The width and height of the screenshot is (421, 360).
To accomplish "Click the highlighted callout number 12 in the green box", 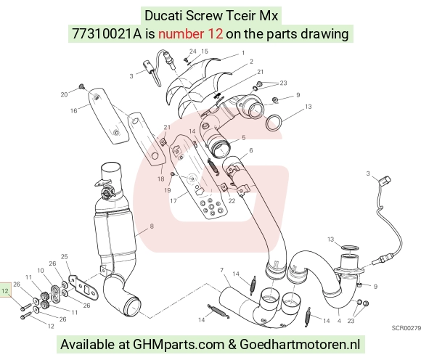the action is coord(5,291).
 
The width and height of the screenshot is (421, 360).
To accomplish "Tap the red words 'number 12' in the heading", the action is coord(190,34).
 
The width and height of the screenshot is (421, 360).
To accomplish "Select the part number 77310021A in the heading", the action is coord(107,34).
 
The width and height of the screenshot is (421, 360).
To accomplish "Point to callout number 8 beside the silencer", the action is coord(152,226).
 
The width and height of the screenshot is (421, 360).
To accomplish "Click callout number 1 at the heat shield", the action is coord(243,53).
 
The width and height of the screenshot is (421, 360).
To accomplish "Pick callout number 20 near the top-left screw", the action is coord(64,94).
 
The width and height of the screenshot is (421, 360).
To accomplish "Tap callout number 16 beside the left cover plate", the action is coord(74,110).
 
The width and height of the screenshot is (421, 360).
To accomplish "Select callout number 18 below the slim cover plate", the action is coord(161,179).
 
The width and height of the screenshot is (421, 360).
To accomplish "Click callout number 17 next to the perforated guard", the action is coord(173,200).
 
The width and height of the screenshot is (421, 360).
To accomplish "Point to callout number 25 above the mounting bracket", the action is coord(64,257).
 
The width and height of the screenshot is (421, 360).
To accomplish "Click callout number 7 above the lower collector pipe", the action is coord(222,270).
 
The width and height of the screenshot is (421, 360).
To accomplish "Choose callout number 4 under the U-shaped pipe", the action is coord(339,321).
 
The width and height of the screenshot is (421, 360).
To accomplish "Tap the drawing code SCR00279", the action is coord(406,328).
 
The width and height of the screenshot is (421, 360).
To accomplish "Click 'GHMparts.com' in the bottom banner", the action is coord(179,345).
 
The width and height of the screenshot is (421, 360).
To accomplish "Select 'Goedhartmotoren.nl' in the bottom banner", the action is coord(300,345).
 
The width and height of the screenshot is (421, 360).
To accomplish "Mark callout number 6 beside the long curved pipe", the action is coord(251,150).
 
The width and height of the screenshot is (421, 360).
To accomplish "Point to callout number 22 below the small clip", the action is coord(232,201).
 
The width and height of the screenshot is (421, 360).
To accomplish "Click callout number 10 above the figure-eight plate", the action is coord(41,270).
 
